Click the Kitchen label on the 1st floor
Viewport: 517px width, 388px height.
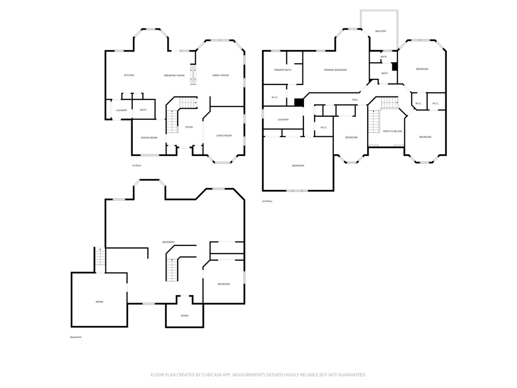pos(129,75)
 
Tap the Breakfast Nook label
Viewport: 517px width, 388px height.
pos(174,76)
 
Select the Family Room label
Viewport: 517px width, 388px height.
pos(221,75)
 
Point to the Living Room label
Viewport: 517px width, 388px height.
pos(224,135)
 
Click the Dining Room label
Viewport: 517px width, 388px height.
pos(149,137)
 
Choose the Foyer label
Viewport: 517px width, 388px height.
pos(189,127)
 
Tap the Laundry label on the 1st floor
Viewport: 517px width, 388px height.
pos(122,110)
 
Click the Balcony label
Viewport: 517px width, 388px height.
pos(381,31)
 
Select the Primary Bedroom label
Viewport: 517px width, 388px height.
pos(335,70)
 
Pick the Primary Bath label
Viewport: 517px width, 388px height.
pos(283,70)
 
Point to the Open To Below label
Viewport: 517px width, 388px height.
pos(392,131)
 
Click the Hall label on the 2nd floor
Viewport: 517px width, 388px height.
pos(355,100)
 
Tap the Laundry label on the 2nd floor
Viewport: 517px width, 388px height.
pos(283,119)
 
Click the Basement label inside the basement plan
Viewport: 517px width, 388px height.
pos(169,242)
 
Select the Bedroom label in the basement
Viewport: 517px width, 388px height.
pos(224,284)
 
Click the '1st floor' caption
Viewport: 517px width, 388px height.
pos(136,165)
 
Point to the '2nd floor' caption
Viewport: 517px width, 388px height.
pos(268,201)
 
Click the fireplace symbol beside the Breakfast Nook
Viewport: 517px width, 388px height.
pos(193,75)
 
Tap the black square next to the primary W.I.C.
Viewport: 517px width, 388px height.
pos(299,102)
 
